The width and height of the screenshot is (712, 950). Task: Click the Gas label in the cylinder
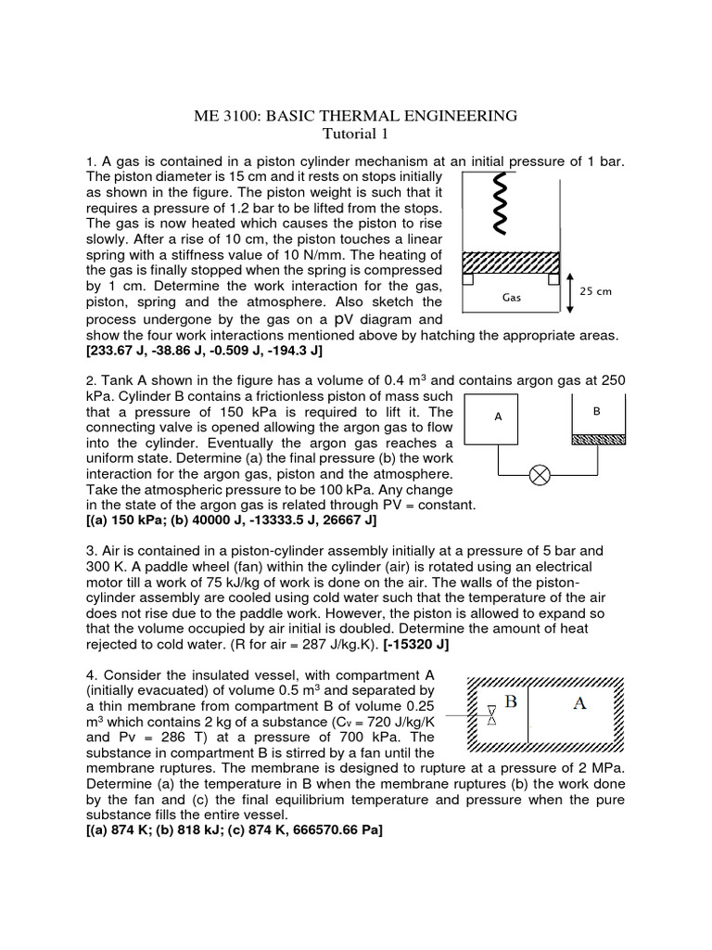[513, 299]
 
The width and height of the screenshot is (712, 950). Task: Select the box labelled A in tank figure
[498, 417]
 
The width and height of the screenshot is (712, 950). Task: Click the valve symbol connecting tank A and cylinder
[539, 476]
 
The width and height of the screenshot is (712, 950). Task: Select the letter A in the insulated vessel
[579, 703]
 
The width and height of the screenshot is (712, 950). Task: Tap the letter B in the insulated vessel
[509, 702]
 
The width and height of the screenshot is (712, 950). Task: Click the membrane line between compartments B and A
[528, 713]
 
